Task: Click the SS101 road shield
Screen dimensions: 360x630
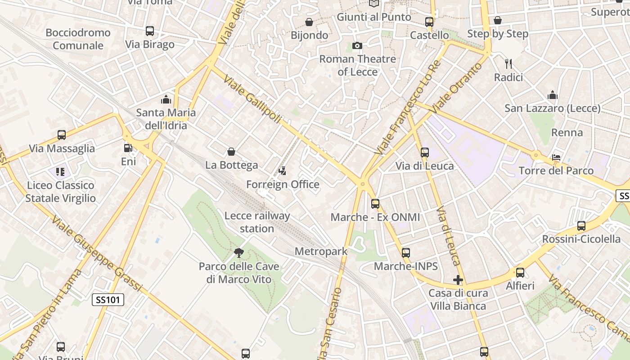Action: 108,300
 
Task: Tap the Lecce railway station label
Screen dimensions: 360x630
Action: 257,222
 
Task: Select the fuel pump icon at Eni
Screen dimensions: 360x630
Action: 128,148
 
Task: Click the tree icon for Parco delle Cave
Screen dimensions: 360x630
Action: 239,253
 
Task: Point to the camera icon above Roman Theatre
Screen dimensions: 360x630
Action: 357,45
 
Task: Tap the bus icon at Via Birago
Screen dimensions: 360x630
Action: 150,31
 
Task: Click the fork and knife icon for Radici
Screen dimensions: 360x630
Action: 508,64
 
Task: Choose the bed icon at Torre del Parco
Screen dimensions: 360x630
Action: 557,157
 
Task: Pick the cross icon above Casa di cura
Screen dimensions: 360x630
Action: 458,280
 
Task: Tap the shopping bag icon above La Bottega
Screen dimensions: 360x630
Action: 231,152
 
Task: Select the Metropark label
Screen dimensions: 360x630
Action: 321,251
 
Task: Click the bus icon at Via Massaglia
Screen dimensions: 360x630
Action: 62,135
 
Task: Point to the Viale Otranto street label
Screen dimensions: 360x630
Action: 455,88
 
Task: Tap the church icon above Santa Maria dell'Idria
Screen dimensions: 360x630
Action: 166,99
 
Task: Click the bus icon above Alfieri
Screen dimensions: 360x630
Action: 520,272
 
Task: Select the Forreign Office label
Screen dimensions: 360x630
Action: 283,184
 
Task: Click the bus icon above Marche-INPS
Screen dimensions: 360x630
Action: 406,253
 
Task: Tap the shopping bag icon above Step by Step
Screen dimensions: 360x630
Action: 498,20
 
